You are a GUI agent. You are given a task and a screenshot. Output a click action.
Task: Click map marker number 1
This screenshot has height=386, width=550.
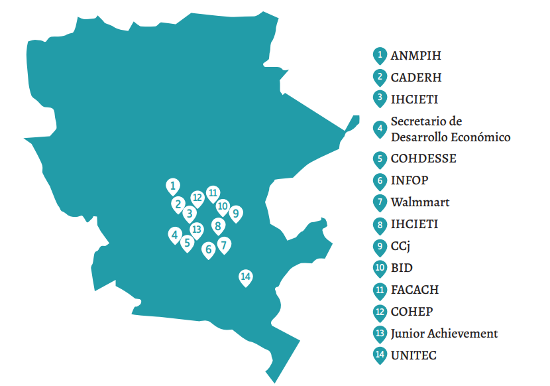click(173, 186)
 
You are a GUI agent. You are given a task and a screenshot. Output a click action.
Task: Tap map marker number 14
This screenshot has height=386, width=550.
click(246, 277)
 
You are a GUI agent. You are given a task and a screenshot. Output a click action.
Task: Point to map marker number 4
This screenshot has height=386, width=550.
click(175, 234)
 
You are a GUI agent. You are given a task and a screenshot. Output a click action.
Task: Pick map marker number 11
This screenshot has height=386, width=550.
click(213, 193)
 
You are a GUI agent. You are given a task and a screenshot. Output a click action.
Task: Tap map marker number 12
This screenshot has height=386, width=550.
click(197, 197)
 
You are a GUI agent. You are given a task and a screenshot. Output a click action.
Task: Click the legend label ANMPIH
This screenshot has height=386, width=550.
click(415, 55)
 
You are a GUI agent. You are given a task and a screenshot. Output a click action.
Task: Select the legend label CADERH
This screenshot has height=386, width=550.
click(416, 77)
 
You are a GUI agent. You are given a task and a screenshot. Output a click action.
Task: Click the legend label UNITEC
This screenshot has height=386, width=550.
click(413, 355)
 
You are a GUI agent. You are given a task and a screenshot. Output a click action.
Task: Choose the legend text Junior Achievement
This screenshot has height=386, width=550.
click(444, 333)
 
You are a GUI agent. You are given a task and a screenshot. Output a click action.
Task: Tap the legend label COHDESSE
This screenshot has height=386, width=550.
click(423, 159)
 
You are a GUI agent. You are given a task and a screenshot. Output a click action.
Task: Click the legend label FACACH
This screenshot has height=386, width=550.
click(415, 289)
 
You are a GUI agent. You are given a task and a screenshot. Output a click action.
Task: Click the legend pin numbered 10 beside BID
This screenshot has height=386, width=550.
click(380, 268)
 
